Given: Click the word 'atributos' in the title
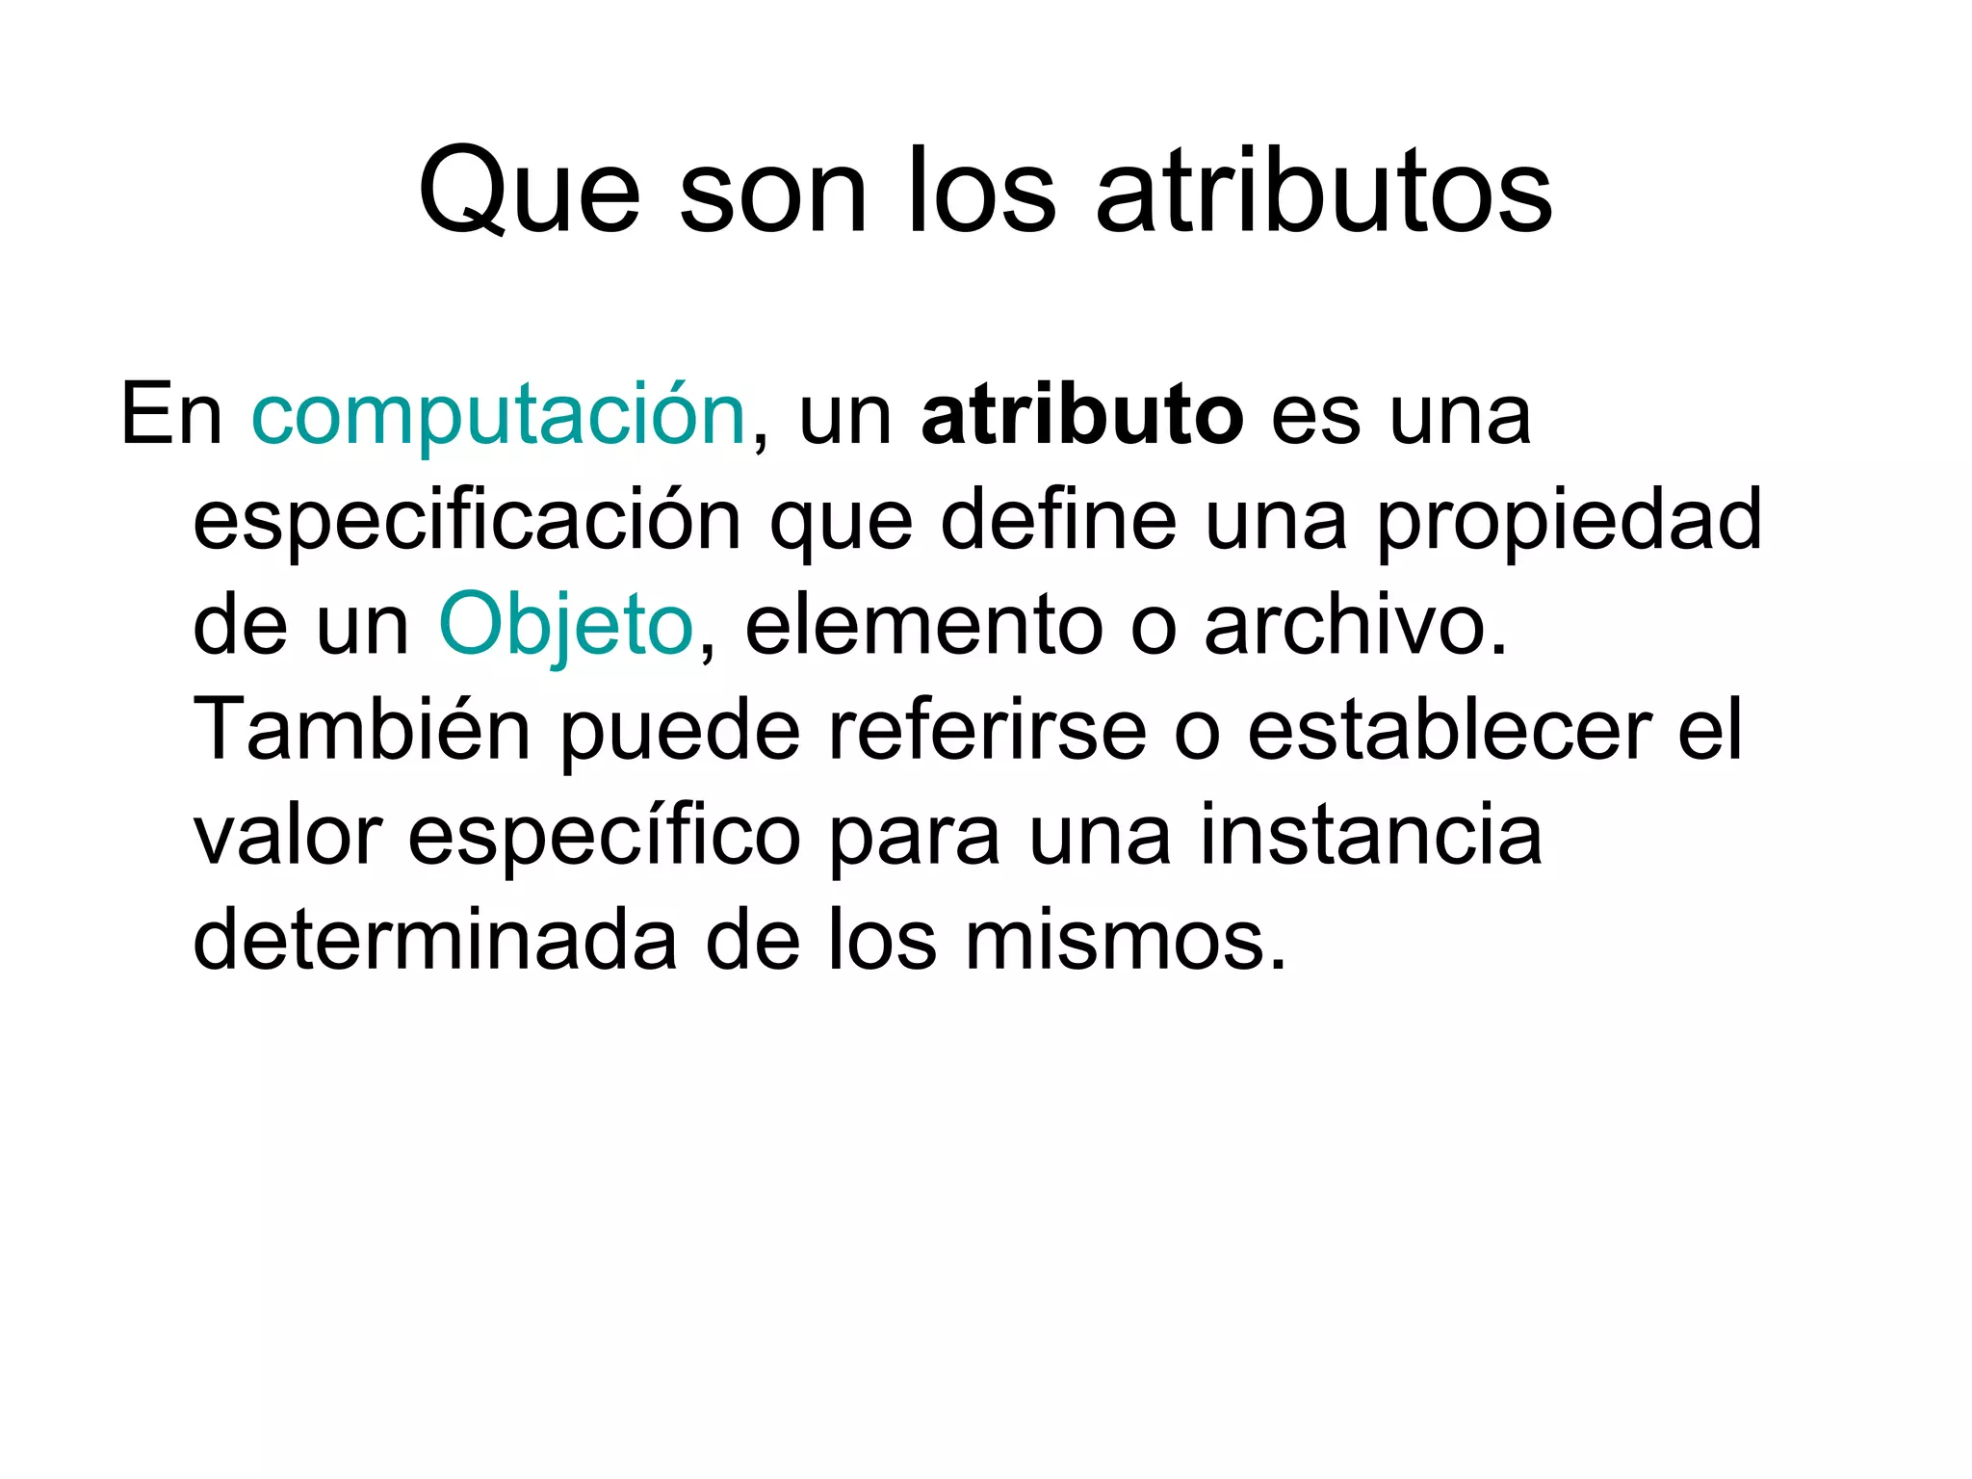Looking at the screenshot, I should point(1324,192).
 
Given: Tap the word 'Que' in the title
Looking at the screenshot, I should point(529,192).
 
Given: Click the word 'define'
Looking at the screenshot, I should point(1058,520).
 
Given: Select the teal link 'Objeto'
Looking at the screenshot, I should point(566,626).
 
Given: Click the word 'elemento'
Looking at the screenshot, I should point(923,626).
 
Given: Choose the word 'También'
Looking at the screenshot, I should point(362,730).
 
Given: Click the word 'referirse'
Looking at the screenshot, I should point(987,730).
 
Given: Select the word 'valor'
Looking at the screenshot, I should point(288,836).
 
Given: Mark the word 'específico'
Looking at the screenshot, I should point(604,836).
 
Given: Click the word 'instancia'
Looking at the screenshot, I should point(1371,836).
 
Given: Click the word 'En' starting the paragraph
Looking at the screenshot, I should point(171,416).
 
